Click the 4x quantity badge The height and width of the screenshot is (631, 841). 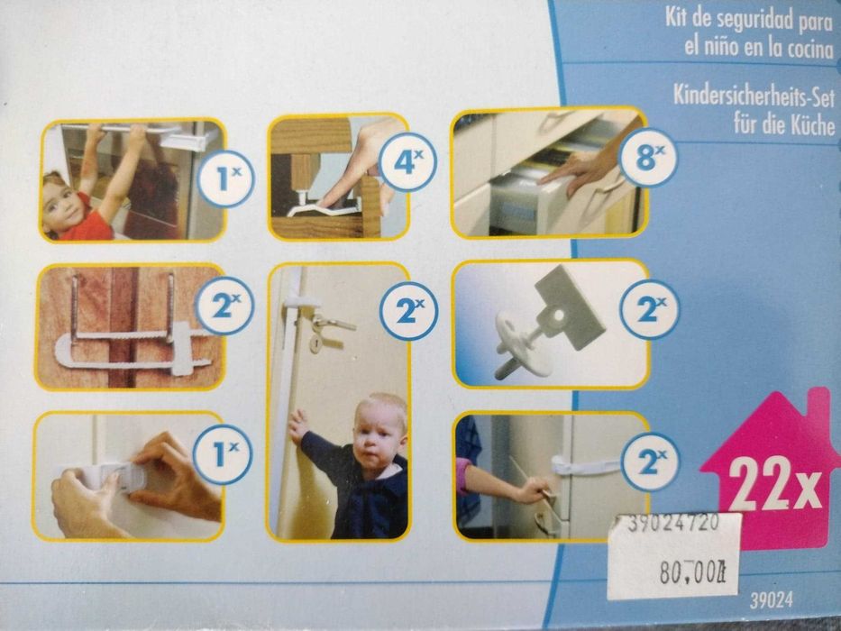coord(407,161)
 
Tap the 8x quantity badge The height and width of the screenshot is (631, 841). coord(648,157)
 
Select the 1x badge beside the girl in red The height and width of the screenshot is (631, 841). coord(225,179)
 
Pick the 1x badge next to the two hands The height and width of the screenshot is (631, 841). coord(222,454)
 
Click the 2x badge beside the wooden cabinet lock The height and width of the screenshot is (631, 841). coord(224,306)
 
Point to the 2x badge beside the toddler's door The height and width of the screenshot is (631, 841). coord(408,311)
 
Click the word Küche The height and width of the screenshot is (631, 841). coord(813,125)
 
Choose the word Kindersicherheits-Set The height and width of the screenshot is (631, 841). coord(754,97)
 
